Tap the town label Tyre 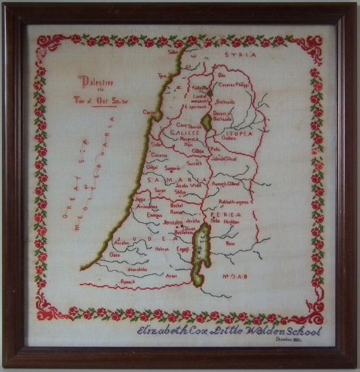click(163, 77)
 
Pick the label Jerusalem click(173, 222)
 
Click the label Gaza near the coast click(114, 255)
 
